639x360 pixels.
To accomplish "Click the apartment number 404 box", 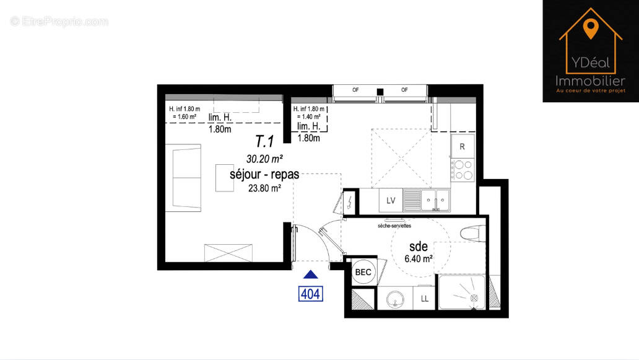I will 310,293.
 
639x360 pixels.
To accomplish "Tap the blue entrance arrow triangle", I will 311,274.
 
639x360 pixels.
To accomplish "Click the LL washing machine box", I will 425,299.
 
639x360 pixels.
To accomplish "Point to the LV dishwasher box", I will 391,200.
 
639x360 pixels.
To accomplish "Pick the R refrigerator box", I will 462,147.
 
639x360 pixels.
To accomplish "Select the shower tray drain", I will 474,298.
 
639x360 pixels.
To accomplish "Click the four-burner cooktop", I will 462,170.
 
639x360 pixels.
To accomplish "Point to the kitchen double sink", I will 436,200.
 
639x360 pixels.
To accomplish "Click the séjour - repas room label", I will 264,174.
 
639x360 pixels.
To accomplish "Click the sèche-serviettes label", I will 394,226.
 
